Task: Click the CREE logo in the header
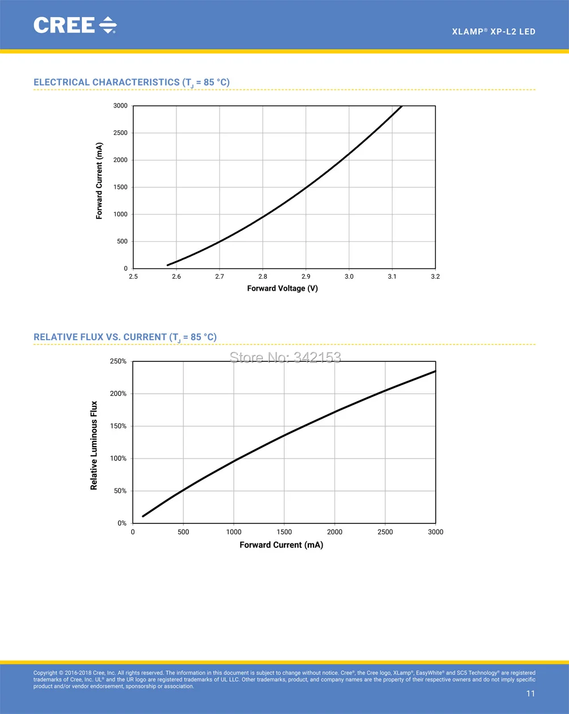tap(75, 25)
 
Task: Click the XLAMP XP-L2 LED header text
tap(494, 31)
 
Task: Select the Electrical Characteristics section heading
tap(131, 82)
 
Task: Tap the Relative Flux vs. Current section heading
tap(125, 337)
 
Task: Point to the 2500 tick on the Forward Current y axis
tap(121, 133)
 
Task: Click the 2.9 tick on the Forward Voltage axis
tap(306, 276)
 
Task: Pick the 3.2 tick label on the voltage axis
tap(435, 276)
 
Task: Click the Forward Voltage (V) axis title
tap(282, 288)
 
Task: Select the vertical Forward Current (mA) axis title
tap(99, 181)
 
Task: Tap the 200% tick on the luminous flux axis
tap(118, 394)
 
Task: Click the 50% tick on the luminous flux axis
tap(120, 491)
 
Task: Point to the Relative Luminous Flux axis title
tap(94, 445)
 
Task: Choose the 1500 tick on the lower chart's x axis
tap(284, 532)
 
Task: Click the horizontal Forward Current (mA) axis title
tap(281, 545)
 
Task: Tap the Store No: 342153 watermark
tap(285, 358)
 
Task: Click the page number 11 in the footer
tap(530, 694)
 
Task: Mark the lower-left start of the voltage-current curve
tap(167, 265)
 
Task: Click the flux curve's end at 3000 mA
tap(435, 372)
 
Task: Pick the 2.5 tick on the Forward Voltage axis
tap(133, 276)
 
